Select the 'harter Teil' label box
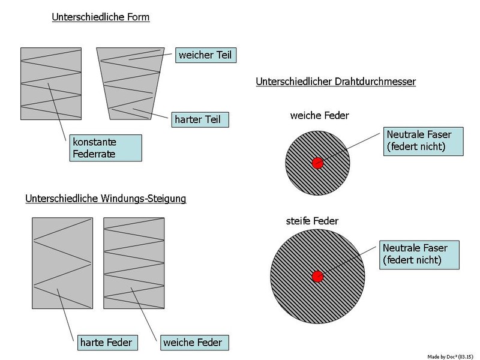pyautogui.click(x=199, y=119)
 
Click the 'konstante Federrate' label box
pyautogui.click(x=104, y=148)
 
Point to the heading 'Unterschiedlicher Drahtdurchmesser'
pyautogui.click(x=336, y=81)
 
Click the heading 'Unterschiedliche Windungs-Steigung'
pyautogui.click(x=106, y=197)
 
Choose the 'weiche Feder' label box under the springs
pyautogui.click(x=193, y=343)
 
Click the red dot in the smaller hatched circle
pyautogui.click(x=317, y=163)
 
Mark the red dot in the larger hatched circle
pyautogui.click(x=318, y=277)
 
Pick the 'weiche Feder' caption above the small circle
pyautogui.click(x=319, y=115)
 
